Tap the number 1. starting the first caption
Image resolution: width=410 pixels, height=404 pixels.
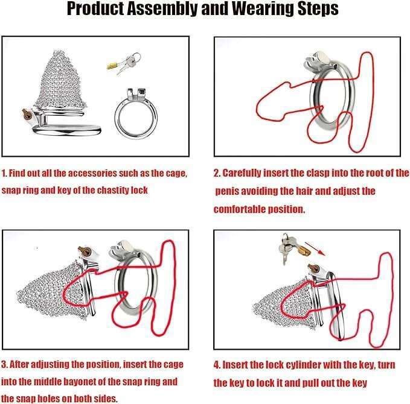coord(4,173)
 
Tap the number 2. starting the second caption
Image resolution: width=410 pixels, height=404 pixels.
coord(217,173)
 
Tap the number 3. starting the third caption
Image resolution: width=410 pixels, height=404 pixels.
coord(4,365)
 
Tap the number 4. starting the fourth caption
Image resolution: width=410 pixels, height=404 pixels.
coord(217,365)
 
